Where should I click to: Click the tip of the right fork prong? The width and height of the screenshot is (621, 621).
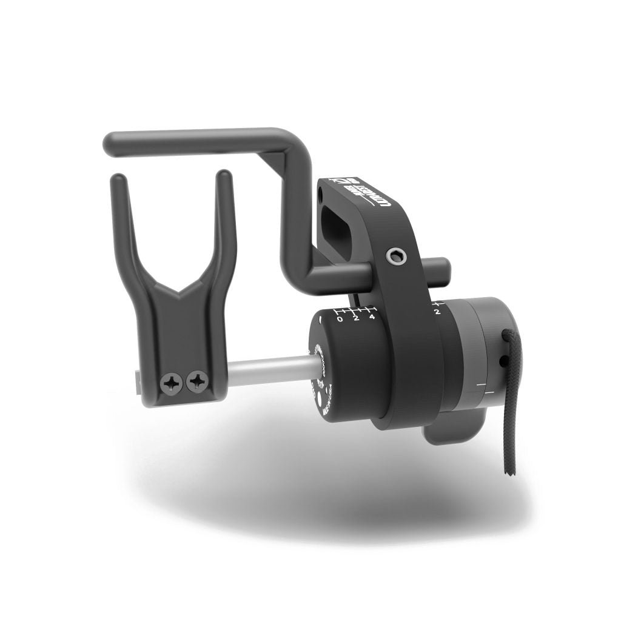pos(224,175)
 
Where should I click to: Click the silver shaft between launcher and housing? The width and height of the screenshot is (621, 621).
pos(267,369)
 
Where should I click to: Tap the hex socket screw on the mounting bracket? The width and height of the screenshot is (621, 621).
pos(395,258)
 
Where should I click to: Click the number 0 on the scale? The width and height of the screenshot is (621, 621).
pos(340,320)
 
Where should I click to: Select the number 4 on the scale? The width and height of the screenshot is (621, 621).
pos(372,317)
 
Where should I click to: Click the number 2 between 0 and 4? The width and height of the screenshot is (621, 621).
pos(356,318)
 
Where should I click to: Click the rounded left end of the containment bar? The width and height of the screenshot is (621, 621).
pos(112,143)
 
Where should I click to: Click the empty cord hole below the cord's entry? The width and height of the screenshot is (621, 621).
pos(503,362)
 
